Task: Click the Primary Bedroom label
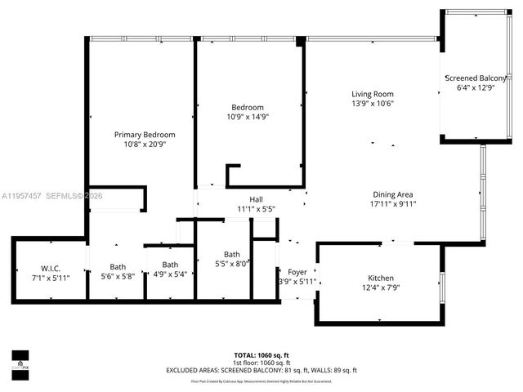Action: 145,135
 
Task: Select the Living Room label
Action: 373,94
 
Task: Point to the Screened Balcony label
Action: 476,78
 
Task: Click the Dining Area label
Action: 393,194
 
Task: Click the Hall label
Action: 257,199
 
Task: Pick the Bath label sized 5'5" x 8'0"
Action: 232,254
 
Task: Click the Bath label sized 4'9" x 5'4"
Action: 170,265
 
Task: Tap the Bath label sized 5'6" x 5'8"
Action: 118,266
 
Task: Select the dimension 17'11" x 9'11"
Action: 393,205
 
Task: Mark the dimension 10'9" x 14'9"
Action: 247,117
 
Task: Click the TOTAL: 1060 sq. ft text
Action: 261,355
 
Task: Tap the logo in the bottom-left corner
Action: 20,359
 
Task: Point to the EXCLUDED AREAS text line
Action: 261,371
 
